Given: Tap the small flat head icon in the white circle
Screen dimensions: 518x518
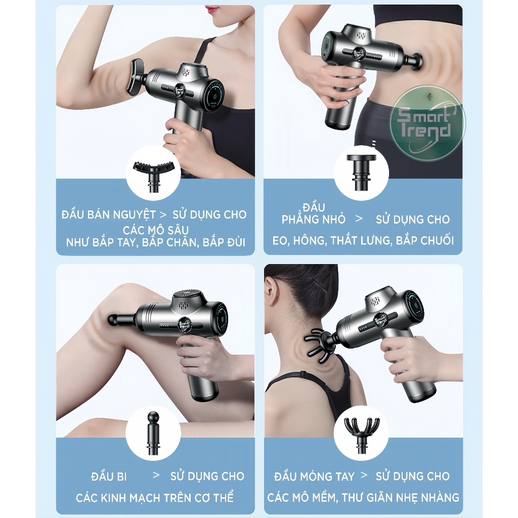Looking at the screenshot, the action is tap(361, 172).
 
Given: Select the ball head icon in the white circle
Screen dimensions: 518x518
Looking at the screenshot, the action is tap(153, 434).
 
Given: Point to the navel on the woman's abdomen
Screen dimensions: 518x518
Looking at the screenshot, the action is tap(429, 96).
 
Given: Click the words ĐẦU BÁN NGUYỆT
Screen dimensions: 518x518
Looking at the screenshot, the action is tap(108, 214).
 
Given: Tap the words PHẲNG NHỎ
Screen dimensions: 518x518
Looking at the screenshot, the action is tap(313, 220).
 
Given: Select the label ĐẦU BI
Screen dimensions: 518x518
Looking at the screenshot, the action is tap(109, 477).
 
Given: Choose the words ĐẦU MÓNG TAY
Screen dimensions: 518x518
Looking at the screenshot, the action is tap(314, 477).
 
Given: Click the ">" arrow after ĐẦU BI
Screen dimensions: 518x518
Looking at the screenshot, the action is tap(156, 476).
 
